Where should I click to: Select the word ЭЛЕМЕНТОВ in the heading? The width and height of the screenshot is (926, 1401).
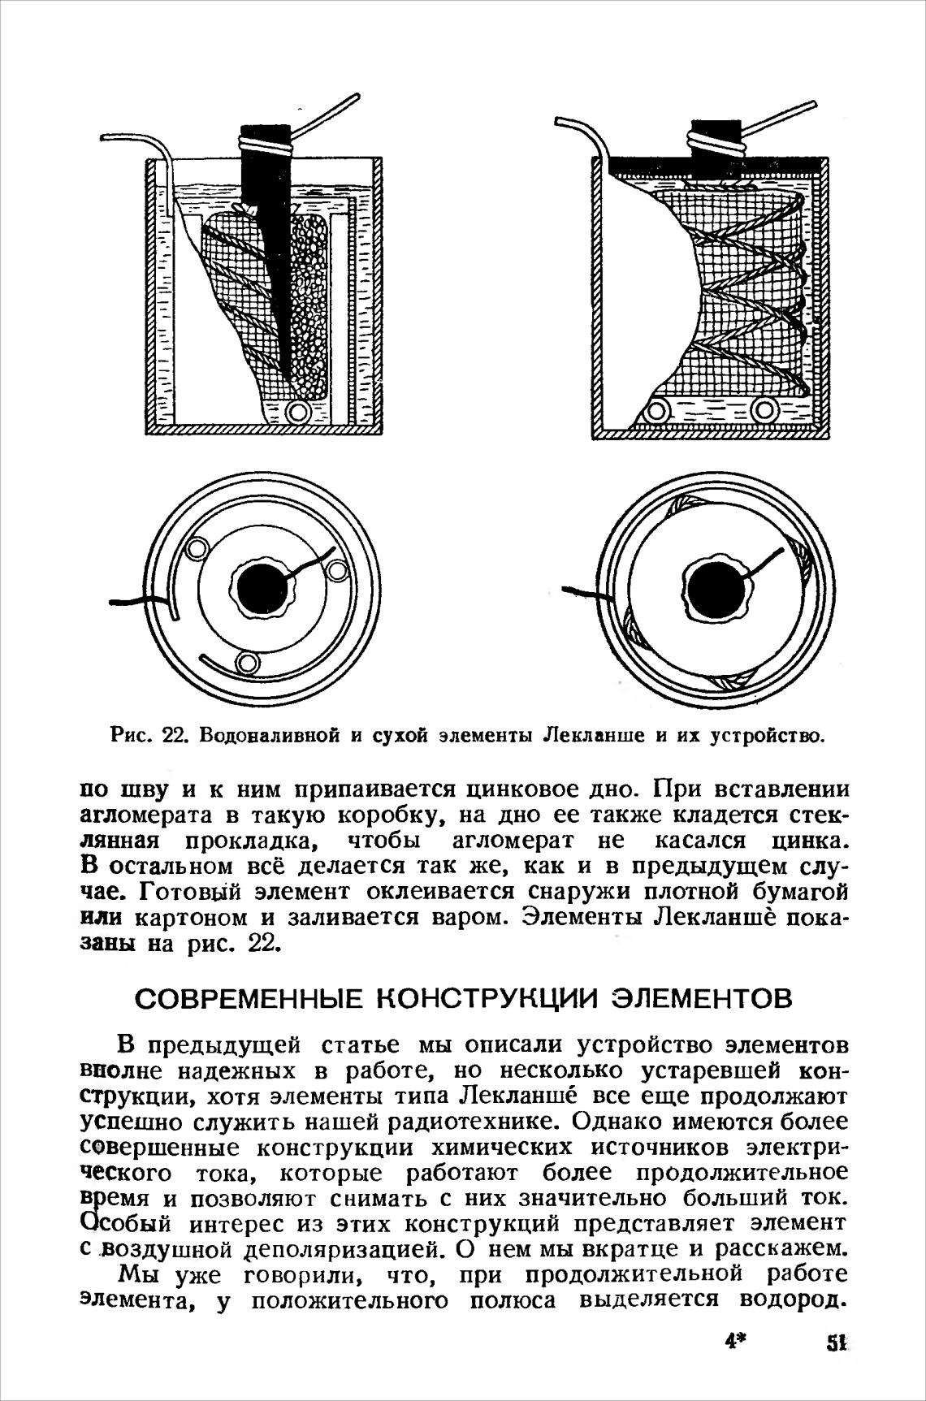tap(701, 998)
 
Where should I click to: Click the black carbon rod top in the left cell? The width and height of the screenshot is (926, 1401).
tap(266, 134)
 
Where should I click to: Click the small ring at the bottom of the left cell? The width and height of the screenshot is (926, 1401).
tap(299, 412)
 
